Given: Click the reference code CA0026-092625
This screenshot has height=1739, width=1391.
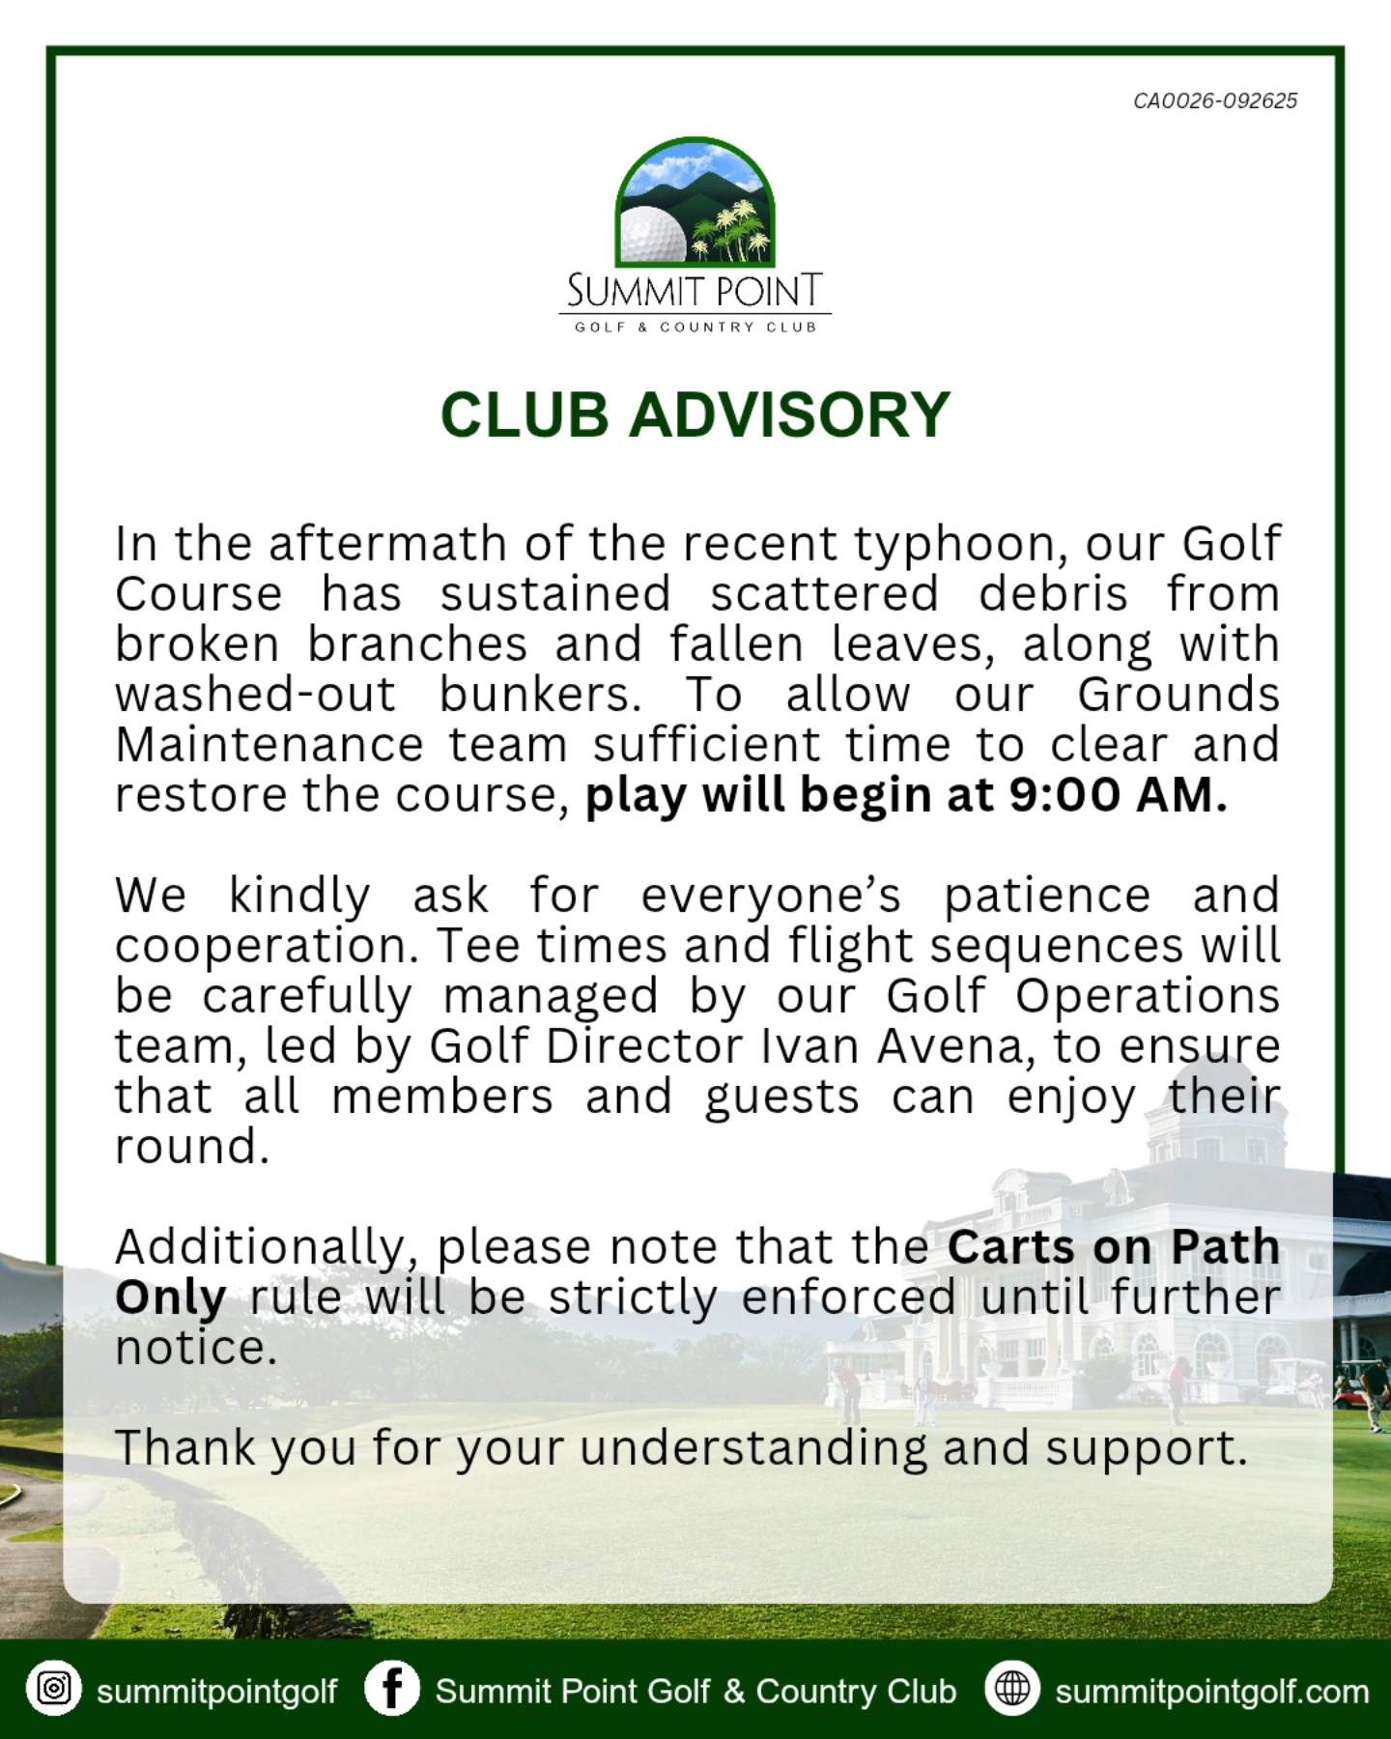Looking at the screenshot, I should coord(1215,100).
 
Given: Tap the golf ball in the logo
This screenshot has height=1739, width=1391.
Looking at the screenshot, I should coord(652,235).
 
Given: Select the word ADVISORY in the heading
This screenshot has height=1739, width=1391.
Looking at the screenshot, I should coord(790,415).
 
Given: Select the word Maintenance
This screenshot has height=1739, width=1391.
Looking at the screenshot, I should coord(270,745).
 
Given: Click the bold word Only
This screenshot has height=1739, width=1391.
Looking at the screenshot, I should coord(171,1297).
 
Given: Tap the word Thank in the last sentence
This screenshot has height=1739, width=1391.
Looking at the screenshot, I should coord(185,1448).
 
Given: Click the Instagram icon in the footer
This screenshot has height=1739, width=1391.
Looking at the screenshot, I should coord(54,1688).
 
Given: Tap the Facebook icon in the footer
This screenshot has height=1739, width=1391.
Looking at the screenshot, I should coord(392,1688).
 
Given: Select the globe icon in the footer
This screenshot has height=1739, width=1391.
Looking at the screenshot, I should coord(1012,1688).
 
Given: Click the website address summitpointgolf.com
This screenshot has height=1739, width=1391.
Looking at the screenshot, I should coord(1211,1692).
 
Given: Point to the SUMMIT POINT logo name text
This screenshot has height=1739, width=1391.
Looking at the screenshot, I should coord(695,290).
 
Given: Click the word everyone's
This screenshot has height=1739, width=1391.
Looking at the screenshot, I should coord(771,896).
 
